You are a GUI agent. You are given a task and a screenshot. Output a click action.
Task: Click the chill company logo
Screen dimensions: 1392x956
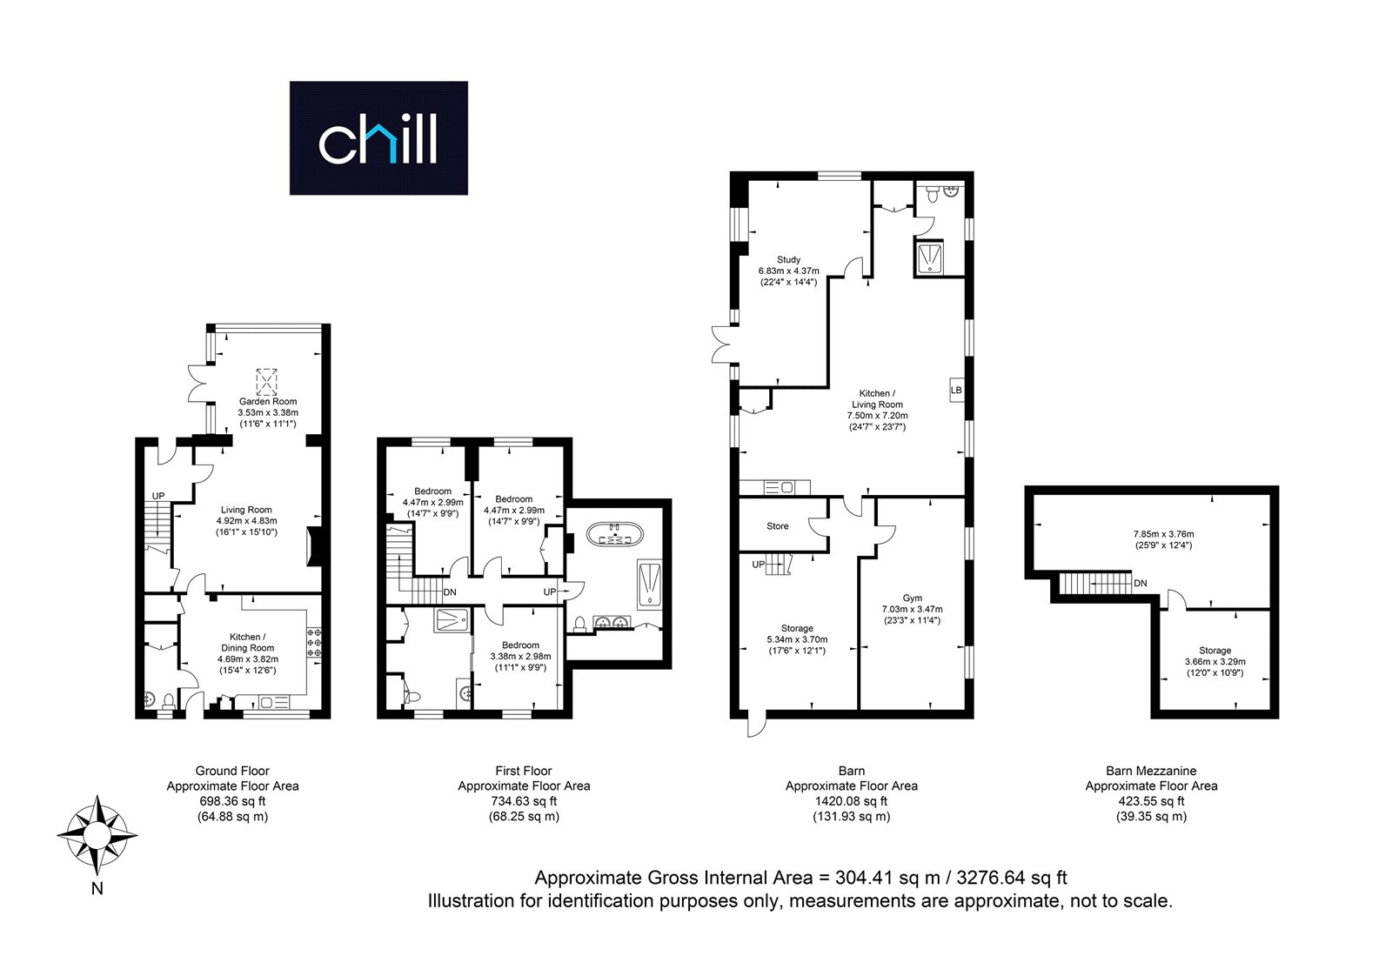(x=378, y=138)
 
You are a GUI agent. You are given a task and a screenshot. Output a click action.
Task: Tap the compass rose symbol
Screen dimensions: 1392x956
(x=97, y=835)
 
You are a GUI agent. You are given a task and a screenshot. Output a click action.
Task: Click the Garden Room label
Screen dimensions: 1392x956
(x=268, y=401)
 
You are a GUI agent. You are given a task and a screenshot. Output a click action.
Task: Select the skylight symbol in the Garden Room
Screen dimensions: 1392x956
(x=266, y=382)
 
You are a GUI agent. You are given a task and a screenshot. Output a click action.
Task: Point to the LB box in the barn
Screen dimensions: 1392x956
(x=956, y=390)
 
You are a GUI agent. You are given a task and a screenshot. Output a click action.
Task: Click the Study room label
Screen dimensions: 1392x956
(x=788, y=259)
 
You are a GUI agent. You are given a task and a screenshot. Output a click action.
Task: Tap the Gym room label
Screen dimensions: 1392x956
(x=913, y=598)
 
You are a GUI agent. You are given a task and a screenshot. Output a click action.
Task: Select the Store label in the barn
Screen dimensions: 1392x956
(x=778, y=526)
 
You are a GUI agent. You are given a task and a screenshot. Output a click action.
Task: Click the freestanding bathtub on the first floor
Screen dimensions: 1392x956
(x=615, y=534)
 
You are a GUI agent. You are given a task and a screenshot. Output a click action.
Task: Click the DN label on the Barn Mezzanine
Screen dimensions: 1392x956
(x=1141, y=584)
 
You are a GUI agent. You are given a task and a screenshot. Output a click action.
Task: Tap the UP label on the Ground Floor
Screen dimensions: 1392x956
(x=158, y=496)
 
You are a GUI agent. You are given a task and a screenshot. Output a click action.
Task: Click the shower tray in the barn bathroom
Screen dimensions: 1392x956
(x=929, y=257)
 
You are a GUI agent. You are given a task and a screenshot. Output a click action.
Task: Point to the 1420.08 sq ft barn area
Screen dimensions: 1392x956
(x=852, y=801)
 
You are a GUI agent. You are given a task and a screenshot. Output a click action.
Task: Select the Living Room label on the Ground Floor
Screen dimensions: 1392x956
(x=246, y=510)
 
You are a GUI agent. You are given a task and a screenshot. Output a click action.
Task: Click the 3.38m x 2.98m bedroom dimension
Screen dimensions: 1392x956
(x=521, y=657)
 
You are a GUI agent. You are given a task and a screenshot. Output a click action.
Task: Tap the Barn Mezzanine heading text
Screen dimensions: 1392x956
(x=1152, y=771)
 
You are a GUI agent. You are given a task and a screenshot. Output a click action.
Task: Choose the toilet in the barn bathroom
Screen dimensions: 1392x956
(x=931, y=195)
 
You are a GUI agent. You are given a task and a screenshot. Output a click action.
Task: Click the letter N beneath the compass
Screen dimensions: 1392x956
(x=97, y=889)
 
